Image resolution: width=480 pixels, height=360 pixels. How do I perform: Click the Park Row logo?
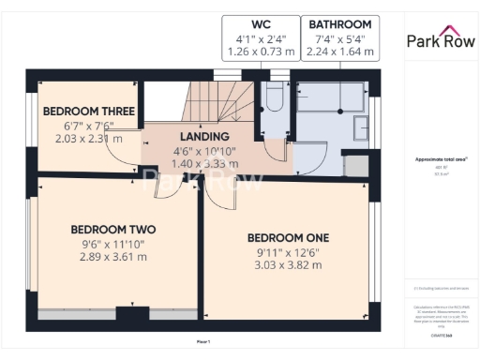tap(439, 39)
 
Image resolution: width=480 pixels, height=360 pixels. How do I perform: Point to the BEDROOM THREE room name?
tap(90, 112)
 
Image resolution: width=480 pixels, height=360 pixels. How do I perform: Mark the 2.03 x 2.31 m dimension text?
tap(89, 139)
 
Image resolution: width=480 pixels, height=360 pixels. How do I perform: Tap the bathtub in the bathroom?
tap(331, 94)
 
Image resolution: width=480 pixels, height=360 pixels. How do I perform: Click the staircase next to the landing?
tap(213, 101)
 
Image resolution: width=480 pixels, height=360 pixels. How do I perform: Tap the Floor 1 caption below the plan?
tap(203, 342)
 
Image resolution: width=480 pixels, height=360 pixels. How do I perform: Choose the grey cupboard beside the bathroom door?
tap(355, 165)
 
